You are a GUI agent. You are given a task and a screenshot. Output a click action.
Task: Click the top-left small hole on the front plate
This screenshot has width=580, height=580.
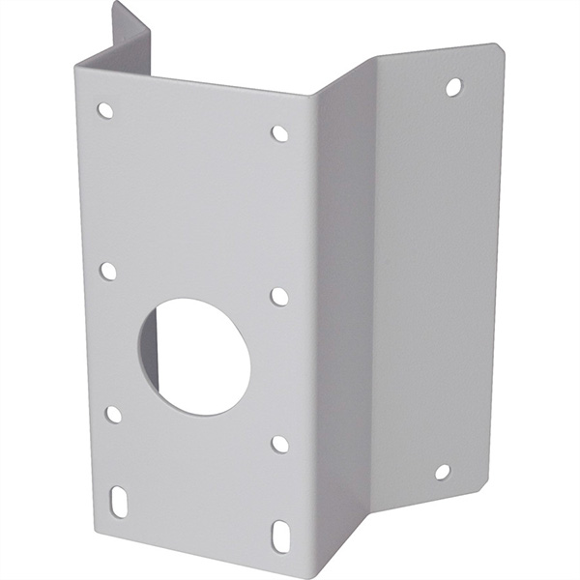tap(105, 110)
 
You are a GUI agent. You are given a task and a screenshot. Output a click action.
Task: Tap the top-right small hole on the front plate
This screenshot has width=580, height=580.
tap(279, 133)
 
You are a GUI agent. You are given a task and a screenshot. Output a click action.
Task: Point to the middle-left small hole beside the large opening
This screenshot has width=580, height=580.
tap(108, 272)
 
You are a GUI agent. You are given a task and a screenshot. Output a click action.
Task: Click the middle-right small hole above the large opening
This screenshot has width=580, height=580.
tap(279, 296)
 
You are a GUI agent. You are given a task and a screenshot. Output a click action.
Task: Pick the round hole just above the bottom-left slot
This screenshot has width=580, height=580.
tap(113, 414)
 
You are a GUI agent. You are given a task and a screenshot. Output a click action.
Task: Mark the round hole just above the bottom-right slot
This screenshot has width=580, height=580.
tap(279, 443)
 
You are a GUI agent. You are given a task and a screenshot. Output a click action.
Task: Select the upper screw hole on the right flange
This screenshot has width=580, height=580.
tap(452, 87)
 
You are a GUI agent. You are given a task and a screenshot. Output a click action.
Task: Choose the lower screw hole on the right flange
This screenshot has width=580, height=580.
tap(442, 472)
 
